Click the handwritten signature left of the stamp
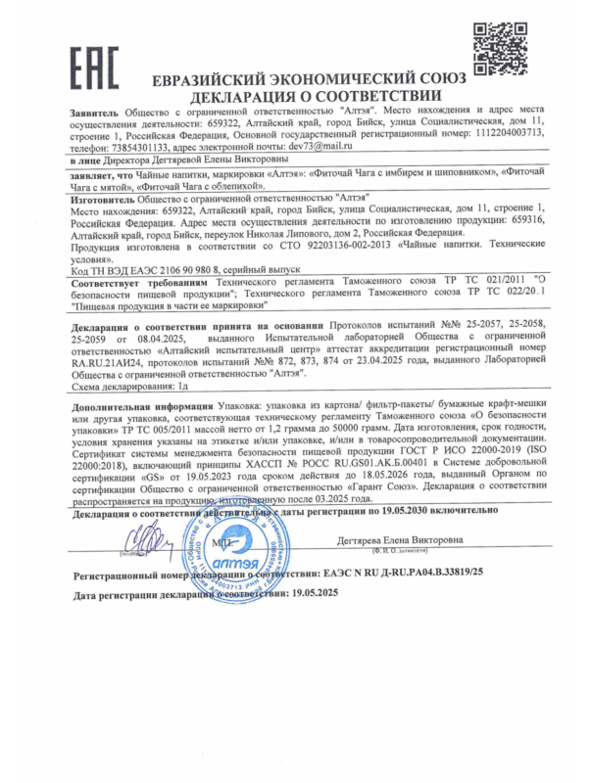coord(150,539)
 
